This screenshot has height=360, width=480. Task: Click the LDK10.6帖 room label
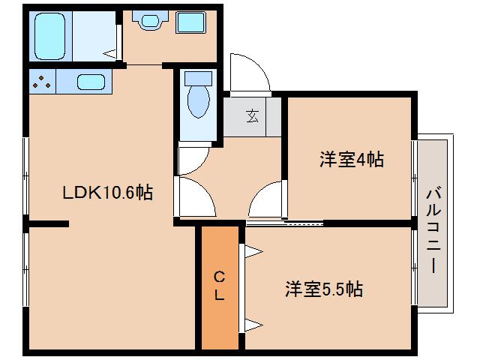[x=107, y=193]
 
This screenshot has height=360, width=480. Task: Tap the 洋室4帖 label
[x=351, y=159]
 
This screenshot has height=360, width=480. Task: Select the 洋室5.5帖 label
[x=323, y=289]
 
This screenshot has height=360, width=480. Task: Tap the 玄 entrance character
[x=253, y=115]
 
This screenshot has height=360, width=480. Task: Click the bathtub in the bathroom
[x=52, y=34]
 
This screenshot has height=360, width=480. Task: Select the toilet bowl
[x=199, y=101]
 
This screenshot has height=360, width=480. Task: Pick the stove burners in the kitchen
[x=42, y=81]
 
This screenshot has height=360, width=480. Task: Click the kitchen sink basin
[x=89, y=82]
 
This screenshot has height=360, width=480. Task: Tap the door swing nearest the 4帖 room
[x=267, y=201]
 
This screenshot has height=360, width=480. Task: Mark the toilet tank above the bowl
[x=199, y=77]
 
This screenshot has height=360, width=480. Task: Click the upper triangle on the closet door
[x=252, y=252]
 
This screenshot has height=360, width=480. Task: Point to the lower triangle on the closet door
[x=252, y=325]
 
